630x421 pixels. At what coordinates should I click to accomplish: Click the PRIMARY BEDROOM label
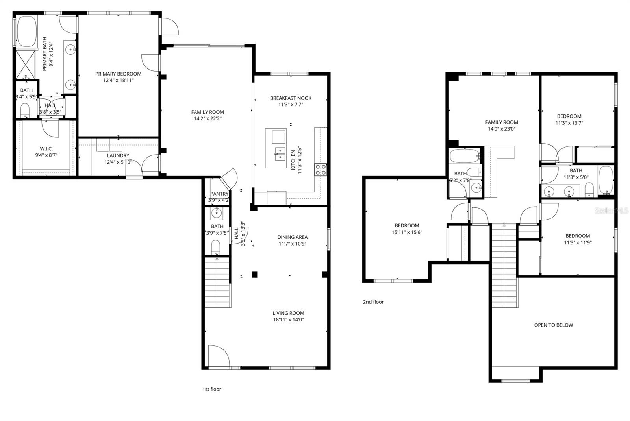[118, 74]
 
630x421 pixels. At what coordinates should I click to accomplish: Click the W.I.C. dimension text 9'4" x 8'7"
[46, 155]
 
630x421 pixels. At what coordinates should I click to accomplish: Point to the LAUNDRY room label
[118, 156]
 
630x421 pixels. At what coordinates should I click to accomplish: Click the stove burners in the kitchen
[320, 170]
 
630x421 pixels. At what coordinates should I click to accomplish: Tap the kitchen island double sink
[280, 154]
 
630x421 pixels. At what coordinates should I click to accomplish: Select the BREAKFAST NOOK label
[291, 98]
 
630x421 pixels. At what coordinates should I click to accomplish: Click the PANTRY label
[219, 194]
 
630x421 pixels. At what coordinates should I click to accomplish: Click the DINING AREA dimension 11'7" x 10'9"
[292, 244]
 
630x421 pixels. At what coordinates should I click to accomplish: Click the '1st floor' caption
[212, 389]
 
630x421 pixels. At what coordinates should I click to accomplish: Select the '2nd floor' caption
[373, 302]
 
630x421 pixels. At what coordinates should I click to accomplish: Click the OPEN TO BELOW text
[553, 325]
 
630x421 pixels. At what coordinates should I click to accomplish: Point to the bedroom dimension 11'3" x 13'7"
[569, 123]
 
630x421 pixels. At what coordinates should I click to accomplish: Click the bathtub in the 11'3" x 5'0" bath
[606, 180]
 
